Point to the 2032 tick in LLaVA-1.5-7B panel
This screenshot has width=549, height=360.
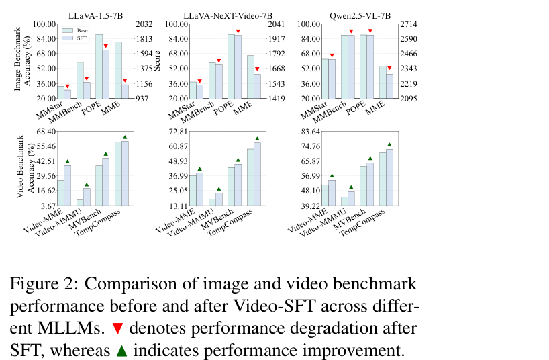(144, 24)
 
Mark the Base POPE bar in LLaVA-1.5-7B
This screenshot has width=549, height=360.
(99, 66)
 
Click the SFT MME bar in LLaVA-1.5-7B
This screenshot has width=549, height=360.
(126, 91)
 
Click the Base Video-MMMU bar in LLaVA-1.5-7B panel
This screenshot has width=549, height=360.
(80, 202)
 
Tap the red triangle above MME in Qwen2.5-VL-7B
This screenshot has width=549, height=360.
(390, 68)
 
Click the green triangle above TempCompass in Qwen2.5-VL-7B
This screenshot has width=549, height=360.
(390, 144)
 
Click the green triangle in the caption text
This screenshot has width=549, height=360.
(121, 350)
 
